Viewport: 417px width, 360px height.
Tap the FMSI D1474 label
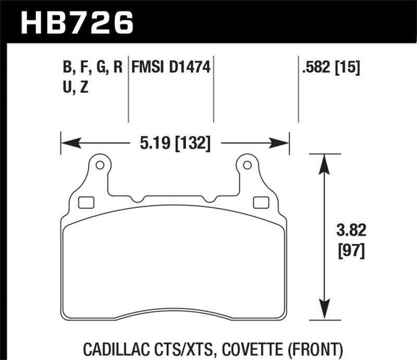[171, 68]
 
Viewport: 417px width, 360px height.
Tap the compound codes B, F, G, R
[92, 68]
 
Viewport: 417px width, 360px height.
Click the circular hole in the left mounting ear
[100, 166]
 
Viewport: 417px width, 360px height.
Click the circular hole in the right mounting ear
[247, 166]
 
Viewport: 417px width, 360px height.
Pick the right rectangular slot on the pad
[258, 202]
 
